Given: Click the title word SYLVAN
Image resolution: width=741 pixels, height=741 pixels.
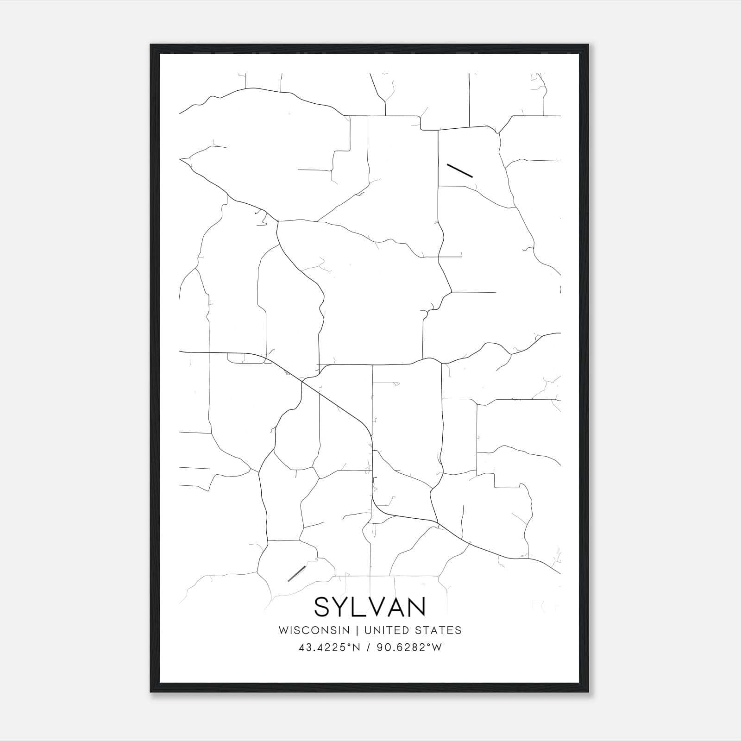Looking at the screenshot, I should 370,607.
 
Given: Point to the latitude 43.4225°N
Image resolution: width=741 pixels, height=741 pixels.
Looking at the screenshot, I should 329,647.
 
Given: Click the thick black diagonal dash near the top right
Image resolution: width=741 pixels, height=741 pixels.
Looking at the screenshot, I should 459,170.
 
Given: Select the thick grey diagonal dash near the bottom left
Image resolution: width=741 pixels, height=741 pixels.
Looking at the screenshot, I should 296,573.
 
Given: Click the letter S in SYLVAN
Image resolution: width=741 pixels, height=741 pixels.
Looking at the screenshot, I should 323,607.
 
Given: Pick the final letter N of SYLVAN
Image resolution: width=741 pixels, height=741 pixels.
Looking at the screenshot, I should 416,607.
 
